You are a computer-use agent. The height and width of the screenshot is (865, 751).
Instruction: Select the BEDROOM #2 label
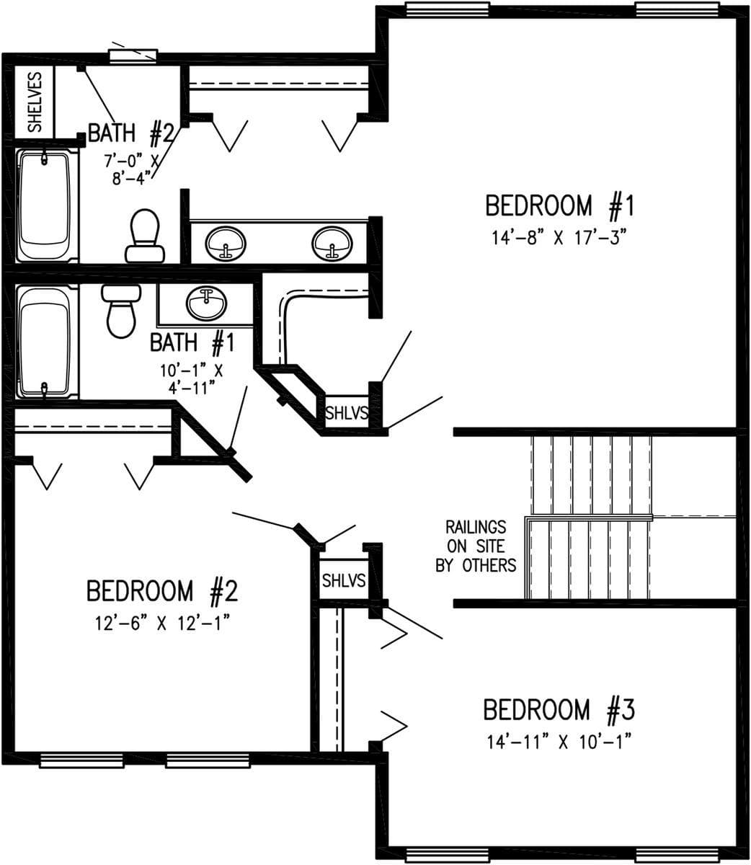(x=161, y=591)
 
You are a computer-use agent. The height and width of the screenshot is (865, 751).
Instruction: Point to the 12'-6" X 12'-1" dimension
(x=161, y=624)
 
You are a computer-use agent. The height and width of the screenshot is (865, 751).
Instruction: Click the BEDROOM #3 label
(x=559, y=710)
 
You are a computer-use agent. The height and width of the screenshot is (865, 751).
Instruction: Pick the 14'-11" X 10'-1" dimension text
(x=559, y=742)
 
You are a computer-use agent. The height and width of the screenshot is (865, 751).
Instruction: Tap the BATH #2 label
(x=130, y=133)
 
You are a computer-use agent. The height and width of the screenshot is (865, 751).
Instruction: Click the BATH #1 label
(x=192, y=342)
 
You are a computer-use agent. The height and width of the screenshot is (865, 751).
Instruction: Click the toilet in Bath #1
(x=121, y=310)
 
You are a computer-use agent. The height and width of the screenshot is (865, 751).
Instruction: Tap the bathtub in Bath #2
(x=45, y=205)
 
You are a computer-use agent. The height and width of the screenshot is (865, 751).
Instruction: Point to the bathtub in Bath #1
(x=45, y=342)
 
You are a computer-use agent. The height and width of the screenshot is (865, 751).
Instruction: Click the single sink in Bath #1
(x=207, y=303)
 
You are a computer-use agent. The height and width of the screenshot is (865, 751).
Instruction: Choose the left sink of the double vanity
(x=226, y=244)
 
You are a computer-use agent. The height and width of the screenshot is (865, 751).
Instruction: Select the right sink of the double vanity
(x=332, y=244)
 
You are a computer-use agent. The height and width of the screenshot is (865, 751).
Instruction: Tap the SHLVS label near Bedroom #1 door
(x=347, y=414)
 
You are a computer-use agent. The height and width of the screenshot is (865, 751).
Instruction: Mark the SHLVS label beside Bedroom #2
(x=343, y=580)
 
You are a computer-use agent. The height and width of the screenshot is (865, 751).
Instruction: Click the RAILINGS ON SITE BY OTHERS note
(x=476, y=546)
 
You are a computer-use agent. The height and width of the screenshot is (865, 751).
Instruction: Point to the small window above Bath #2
(x=133, y=56)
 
